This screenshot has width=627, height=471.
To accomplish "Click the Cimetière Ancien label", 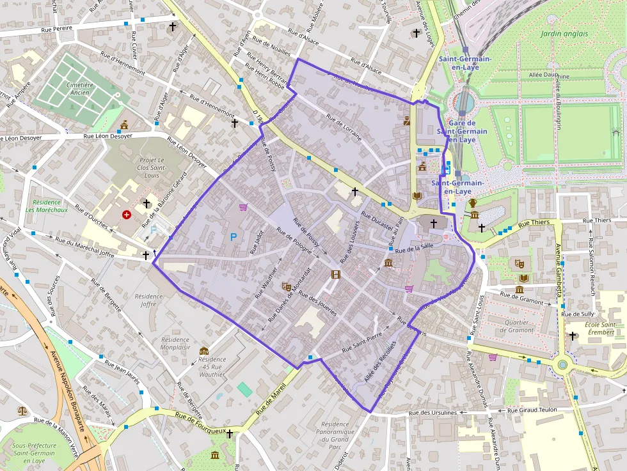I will point(80,89).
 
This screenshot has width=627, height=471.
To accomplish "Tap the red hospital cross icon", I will point(126,215).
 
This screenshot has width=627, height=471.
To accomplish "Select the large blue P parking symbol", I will point(234,237).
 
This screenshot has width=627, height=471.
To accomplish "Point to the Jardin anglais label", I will point(564,33).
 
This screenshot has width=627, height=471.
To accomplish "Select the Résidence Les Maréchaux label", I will point(47,206).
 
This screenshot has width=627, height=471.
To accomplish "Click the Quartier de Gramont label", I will point(520,326).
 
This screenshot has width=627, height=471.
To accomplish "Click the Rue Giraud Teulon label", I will point(532,410).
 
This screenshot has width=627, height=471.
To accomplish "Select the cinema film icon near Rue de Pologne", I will point(335,275).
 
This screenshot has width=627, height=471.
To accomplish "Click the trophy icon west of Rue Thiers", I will point(473,203).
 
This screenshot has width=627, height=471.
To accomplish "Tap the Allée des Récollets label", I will point(380,359).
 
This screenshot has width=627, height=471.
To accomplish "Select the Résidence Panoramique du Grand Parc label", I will point(335,435).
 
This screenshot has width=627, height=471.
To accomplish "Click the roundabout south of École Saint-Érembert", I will point(563,365).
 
